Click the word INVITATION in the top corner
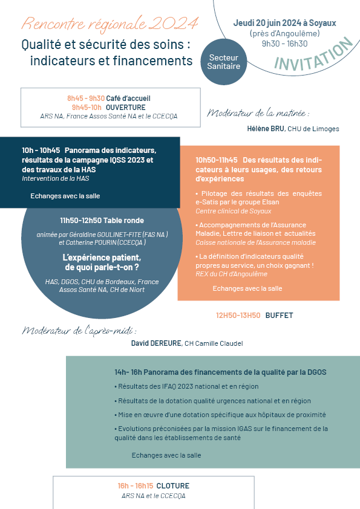click(x=314, y=54)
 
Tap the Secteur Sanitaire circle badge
click(x=223, y=62)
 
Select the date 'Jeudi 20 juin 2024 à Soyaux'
click(x=284, y=23)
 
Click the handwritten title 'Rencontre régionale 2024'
click(x=110, y=24)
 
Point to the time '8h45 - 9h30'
click(x=86, y=99)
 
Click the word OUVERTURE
click(x=126, y=108)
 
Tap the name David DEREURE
click(x=156, y=343)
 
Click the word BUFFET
click(x=279, y=316)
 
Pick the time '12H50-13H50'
click(x=238, y=316)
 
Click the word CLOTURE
click(x=173, y=486)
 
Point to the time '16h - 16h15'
click(x=135, y=486)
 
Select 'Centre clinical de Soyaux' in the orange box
click(x=234, y=212)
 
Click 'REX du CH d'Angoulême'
click(x=231, y=274)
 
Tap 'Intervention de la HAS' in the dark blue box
click(x=56, y=178)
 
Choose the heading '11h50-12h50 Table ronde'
click(x=102, y=221)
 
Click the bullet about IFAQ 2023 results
click(x=186, y=387)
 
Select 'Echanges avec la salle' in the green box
click(x=166, y=455)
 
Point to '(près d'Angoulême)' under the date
click(x=284, y=33)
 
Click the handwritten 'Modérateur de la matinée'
click(x=258, y=113)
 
